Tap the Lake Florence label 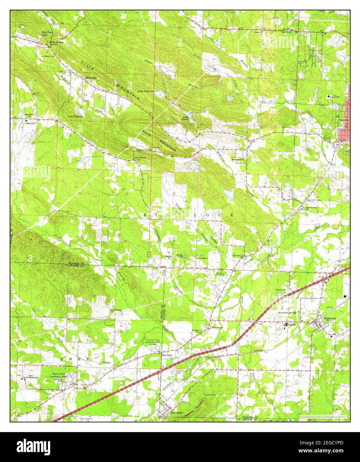[75, 117]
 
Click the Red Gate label [166, 355]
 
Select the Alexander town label [177, 412]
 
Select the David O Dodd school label [311, 207]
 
